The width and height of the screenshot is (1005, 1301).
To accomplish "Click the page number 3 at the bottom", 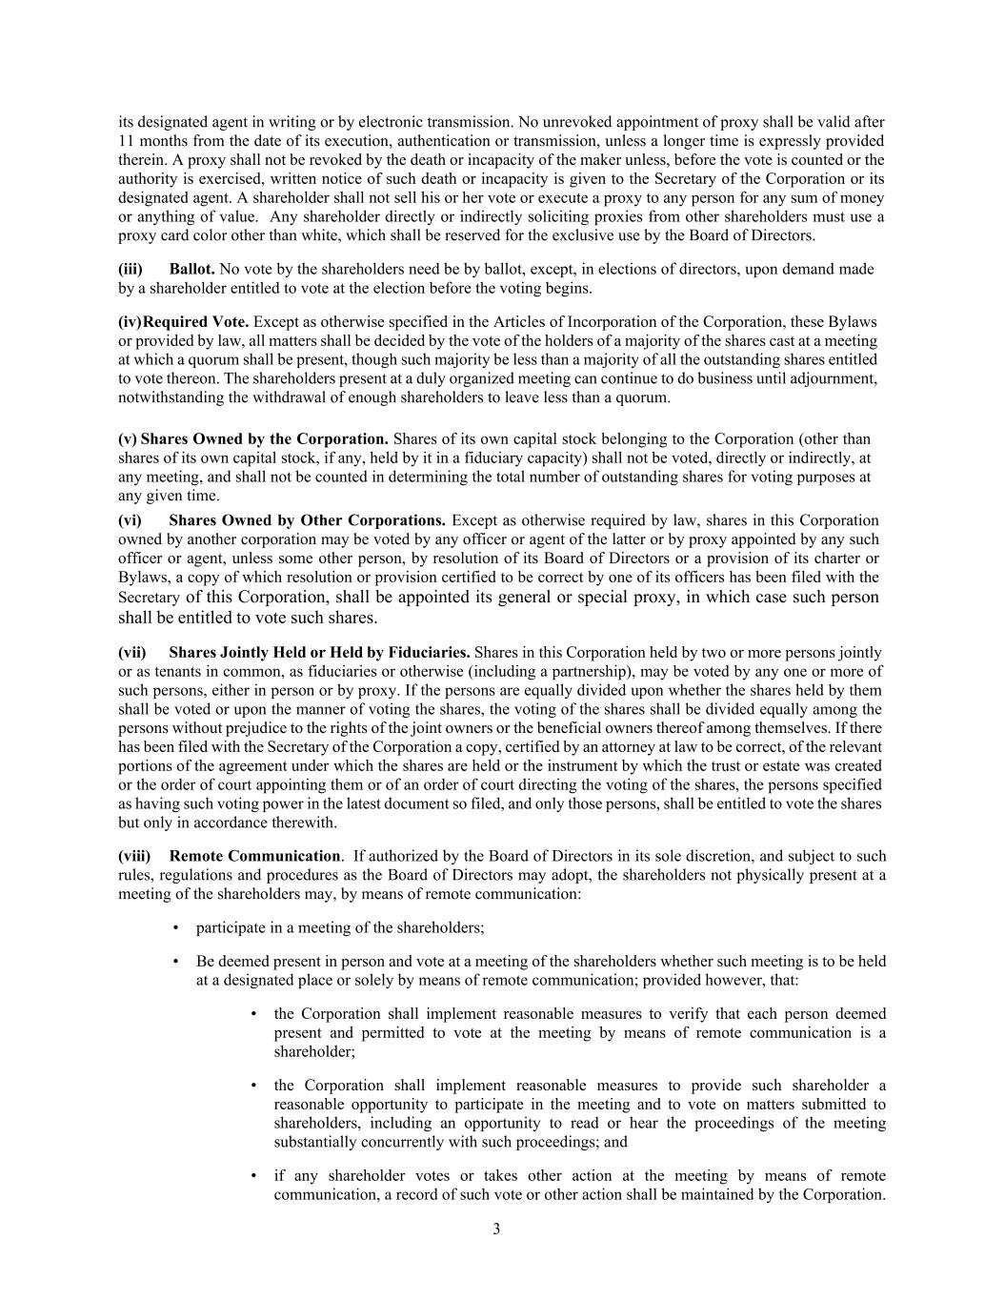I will point(496,1229).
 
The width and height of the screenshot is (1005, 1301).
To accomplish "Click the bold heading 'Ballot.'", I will point(191,270).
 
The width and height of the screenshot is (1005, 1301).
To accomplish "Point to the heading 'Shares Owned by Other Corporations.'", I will point(307,520).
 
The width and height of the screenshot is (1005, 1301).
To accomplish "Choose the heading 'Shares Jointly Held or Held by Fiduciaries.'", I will point(319,653).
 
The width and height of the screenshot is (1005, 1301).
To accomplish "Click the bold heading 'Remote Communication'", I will point(254,856).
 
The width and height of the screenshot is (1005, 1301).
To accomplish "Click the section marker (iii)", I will point(131,270).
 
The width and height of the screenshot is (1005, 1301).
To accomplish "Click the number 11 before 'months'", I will point(126,141).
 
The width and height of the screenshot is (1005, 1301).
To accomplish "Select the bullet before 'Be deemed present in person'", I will point(176,962).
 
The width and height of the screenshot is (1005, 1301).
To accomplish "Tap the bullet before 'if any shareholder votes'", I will point(253,1176).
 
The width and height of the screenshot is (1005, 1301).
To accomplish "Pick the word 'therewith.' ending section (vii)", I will point(305,823).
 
